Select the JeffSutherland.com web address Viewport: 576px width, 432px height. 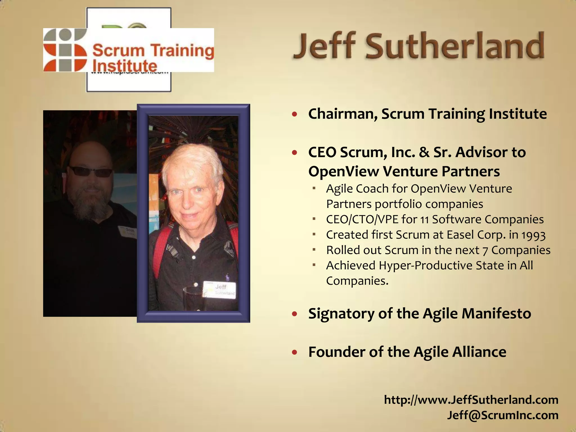(471, 400)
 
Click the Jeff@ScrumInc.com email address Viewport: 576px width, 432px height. (503, 415)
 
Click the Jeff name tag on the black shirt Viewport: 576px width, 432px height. (220, 289)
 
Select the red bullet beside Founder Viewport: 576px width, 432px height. (294, 352)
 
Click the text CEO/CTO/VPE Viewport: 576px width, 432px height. (362, 220)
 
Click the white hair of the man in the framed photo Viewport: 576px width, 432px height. (191, 157)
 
